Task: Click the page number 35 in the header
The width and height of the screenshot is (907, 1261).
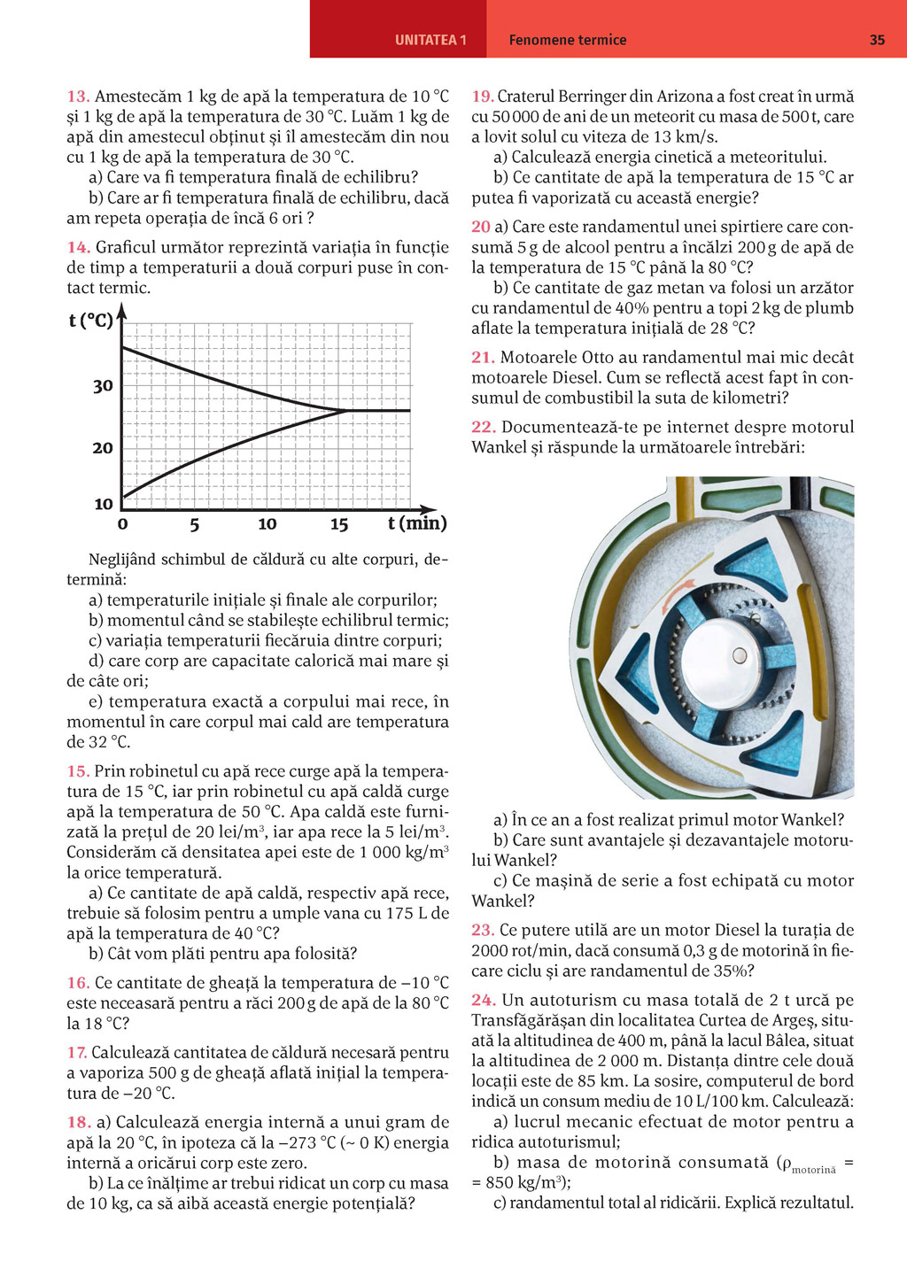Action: [x=877, y=40]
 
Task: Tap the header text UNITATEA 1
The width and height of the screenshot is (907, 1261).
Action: [x=430, y=40]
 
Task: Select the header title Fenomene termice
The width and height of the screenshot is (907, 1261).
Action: [x=568, y=40]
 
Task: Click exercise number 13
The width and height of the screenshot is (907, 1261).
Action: [x=77, y=97]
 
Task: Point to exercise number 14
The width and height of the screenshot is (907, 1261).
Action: [x=78, y=248]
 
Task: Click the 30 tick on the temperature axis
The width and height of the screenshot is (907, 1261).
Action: [x=103, y=386]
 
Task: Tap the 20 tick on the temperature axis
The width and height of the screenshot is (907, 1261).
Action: [x=103, y=448]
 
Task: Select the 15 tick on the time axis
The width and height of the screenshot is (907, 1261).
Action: [x=339, y=524]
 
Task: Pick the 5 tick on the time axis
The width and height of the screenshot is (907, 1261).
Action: [x=194, y=524]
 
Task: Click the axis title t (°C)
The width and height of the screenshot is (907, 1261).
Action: [x=90, y=321]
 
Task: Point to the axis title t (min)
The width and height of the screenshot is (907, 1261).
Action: [x=417, y=523]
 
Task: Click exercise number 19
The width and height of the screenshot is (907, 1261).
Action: [x=482, y=97]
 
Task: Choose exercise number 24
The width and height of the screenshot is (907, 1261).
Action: [x=483, y=1001]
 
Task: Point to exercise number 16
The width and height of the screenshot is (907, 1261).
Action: [x=78, y=983]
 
